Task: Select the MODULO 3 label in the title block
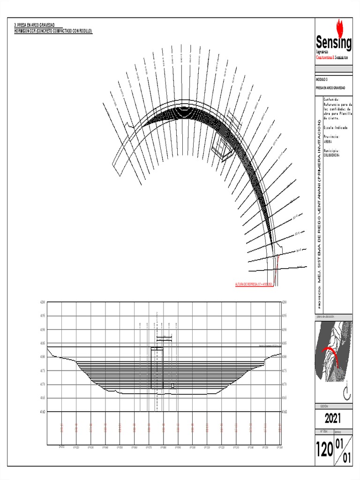coord(324,81)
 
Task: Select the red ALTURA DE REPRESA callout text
coord(254,285)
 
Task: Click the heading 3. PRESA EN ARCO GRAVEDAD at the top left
coord(36,24)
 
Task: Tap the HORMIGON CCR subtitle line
coord(54,30)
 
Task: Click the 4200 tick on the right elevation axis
coord(284,302)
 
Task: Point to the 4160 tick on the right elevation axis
coord(284,412)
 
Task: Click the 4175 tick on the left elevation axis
coord(43,371)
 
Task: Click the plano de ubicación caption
coord(329,317)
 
